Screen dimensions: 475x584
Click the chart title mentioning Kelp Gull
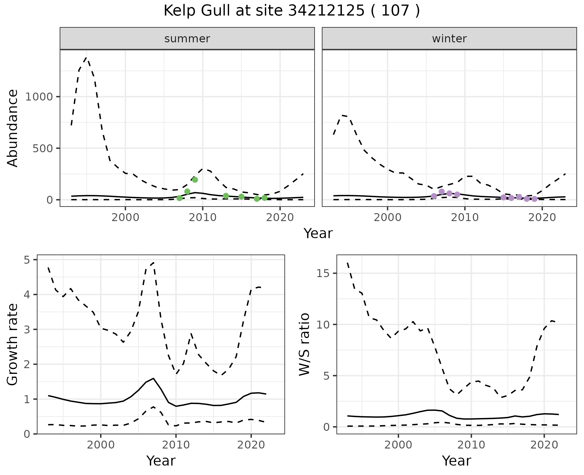click(x=292, y=11)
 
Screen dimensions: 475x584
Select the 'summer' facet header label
click(x=187, y=39)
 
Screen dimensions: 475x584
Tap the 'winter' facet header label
click(x=449, y=39)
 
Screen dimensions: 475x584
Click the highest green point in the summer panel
click(x=195, y=180)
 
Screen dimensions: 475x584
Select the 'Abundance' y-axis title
click(x=13, y=128)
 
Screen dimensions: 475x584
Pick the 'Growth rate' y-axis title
click(x=13, y=345)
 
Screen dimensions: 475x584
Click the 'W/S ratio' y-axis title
click(x=304, y=344)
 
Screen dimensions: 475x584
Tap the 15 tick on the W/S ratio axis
click(x=324, y=273)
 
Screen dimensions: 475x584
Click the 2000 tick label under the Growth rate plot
click(x=101, y=445)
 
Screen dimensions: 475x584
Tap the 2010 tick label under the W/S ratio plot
click(x=471, y=445)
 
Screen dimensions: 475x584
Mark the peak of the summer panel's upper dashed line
click(x=87, y=58)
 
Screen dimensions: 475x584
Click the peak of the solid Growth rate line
click(x=153, y=378)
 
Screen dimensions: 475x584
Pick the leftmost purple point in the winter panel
click(x=434, y=196)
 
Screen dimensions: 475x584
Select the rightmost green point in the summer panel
click(x=265, y=198)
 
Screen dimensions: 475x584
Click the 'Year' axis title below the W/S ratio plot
click(x=457, y=461)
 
